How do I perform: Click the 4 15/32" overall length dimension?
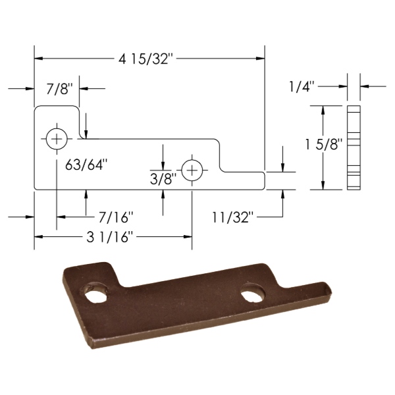coord(147,60)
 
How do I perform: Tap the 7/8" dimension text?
coord(59,89)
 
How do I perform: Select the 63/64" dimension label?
coord(87,165)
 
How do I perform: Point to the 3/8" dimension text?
coord(163,179)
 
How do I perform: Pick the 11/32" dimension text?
coord(232,217)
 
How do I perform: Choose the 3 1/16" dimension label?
coord(109,237)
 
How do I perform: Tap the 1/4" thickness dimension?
coord(302,86)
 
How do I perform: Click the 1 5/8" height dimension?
coord(324,145)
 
